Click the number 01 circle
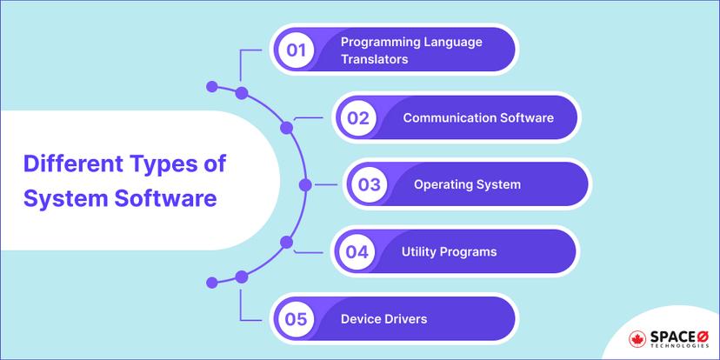pyautogui.click(x=297, y=50)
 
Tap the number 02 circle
pyautogui.click(x=357, y=117)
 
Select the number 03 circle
pyautogui.click(x=369, y=184)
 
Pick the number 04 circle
pyautogui.click(x=357, y=252)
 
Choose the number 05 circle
pyautogui.click(x=297, y=319)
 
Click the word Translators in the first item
pyautogui.click(x=374, y=58)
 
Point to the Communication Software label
pyautogui.click(x=477, y=117)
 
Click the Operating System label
pyautogui.click(x=467, y=184)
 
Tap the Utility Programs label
pyautogui.click(x=449, y=252)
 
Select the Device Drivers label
pyautogui.click(x=383, y=319)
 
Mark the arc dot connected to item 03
pyautogui.click(x=304, y=184)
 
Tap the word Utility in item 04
pyautogui.click(x=419, y=252)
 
